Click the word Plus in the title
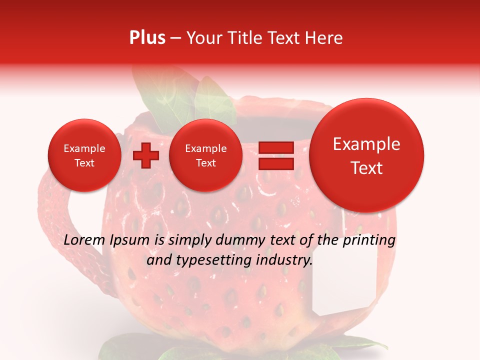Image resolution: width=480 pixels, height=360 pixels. tap(147, 38)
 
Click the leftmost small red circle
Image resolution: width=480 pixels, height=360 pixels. tap(84, 155)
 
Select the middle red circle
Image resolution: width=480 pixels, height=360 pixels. tap(205, 155)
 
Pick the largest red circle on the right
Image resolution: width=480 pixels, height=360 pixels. tap(366, 155)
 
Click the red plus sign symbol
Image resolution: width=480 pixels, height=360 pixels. tap(145, 155)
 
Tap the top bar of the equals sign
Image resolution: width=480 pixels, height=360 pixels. tap(275, 147)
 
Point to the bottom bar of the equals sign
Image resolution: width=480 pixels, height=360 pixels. tap(275, 163)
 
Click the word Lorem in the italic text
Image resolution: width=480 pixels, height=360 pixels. tap(84, 240)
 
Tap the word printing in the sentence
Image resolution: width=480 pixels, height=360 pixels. tap(368, 240)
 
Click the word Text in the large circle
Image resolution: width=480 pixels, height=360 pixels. tap(366, 168)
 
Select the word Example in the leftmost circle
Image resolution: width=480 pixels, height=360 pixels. tap(84, 148)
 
